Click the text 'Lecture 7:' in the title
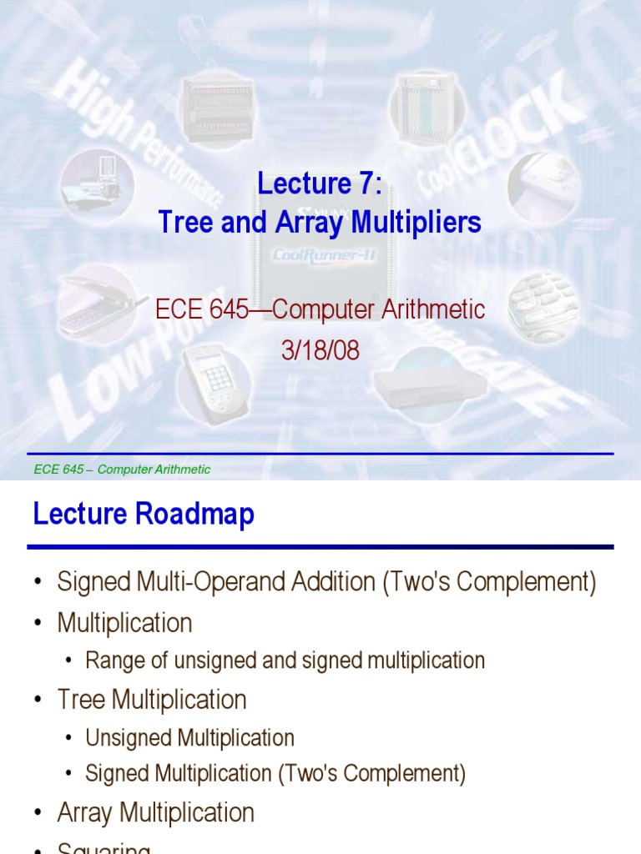coord(320,183)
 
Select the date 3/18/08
coord(320,350)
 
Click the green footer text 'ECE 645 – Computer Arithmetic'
coord(122,470)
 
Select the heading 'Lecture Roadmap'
coord(144,515)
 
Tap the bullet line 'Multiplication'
coord(124,623)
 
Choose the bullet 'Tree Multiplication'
coord(152,700)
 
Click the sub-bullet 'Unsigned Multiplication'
coord(189,738)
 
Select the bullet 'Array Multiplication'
coord(156,812)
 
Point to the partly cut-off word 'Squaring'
coord(103,848)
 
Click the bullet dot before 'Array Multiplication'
coord(38,813)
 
